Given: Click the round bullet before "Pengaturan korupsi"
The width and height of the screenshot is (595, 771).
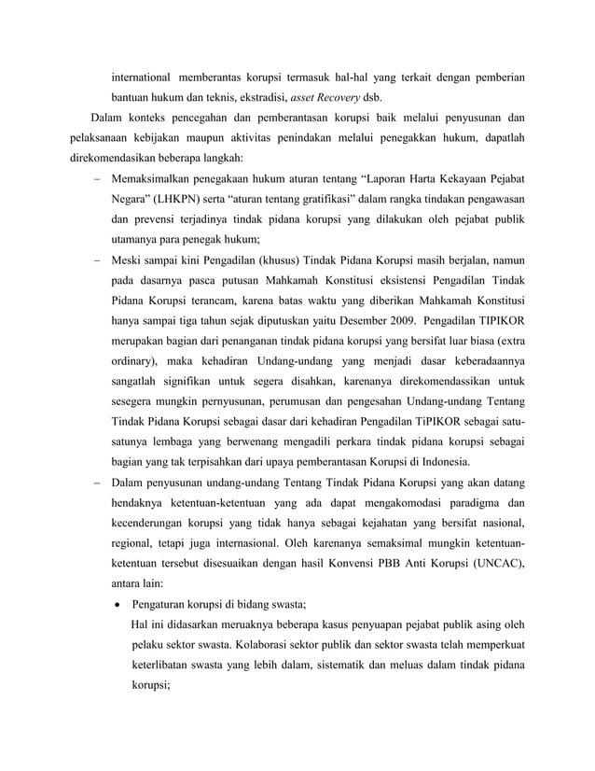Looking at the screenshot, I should (118, 604).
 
